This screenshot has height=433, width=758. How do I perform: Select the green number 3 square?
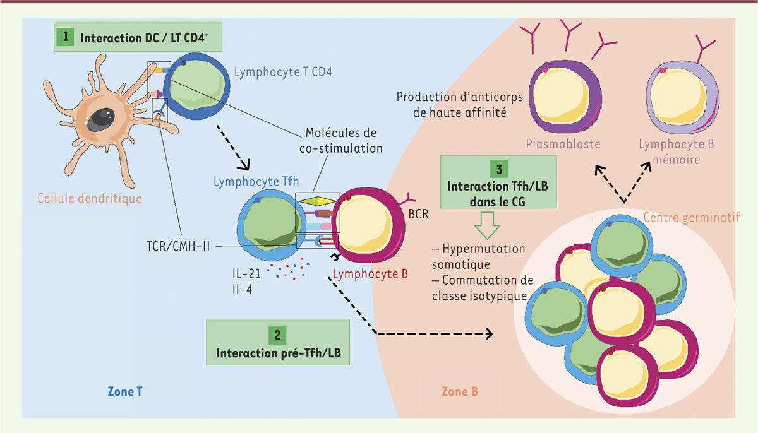point(499,169)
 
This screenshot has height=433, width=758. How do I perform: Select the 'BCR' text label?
point(419,214)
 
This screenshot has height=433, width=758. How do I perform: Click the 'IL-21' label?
point(246,273)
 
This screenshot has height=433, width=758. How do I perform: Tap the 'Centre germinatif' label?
point(690,218)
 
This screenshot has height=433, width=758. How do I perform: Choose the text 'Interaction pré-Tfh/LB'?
point(277,352)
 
